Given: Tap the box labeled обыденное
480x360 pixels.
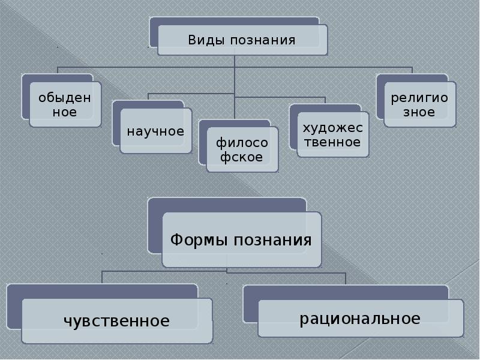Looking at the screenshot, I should coord(65,104).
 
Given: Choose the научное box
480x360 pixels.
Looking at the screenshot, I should coord(155,131).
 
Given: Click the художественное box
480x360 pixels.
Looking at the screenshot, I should coord(332,134).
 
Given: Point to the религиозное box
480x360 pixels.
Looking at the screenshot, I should coord(419,104).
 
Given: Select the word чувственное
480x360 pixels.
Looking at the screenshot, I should coord(116,321).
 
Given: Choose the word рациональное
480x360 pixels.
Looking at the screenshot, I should coord(360,318).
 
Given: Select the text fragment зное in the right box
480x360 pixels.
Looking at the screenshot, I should coord(419,112).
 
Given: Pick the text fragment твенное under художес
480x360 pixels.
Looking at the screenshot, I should coord(332,142).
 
